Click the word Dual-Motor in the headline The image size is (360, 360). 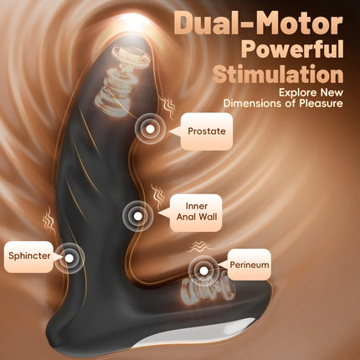point(259,24)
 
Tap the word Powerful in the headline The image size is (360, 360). point(292,49)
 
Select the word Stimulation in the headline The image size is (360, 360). point(278,74)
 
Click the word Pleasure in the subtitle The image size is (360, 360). point(321,103)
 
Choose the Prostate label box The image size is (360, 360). point(207,131)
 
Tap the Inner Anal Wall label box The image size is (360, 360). point(196,213)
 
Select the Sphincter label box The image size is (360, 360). point(28,257)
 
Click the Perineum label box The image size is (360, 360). point(249,265)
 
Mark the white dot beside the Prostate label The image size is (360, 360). point(150,129)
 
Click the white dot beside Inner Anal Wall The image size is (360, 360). point(138,216)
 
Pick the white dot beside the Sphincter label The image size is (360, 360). point(69,258)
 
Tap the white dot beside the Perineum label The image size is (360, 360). point(203,270)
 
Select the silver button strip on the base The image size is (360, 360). point(195,332)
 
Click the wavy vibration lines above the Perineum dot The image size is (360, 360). point(198,247)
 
